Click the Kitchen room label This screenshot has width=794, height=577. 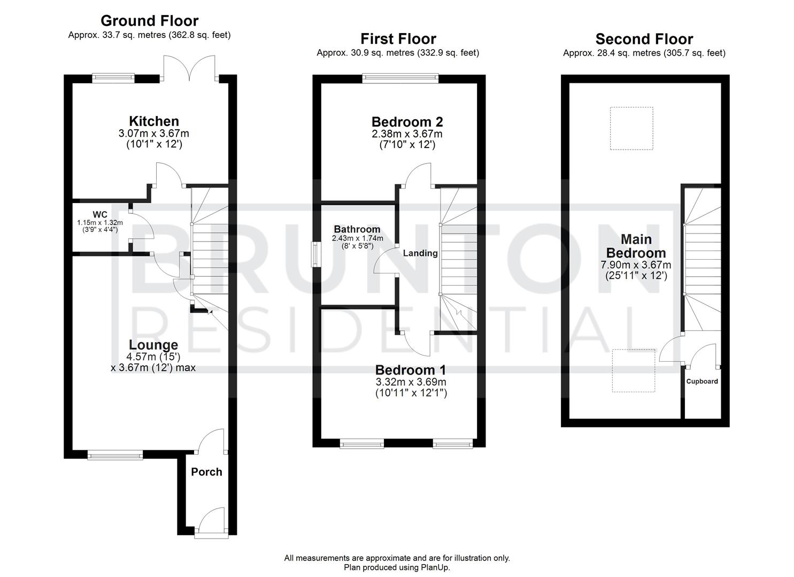(x=153, y=121)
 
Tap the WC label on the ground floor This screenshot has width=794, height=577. (x=100, y=215)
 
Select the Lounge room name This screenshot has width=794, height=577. (x=153, y=345)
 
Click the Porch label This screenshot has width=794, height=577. (x=206, y=472)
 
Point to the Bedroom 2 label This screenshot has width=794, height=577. (x=407, y=122)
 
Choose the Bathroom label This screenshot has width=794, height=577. (x=357, y=229)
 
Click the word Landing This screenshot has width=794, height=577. (x=420, y=253)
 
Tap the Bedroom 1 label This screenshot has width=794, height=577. (x=411, y=370)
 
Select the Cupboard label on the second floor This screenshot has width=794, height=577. (x=702, y=381)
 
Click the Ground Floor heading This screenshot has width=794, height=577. (x=149, y=21)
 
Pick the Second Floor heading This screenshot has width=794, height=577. (x=644, y=39)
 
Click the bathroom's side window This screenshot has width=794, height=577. (x=317, y=254)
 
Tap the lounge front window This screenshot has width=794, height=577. (x=115, y=455)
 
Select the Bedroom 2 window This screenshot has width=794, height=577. (x=400, y=79)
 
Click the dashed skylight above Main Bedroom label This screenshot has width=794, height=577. (x=631, y=128)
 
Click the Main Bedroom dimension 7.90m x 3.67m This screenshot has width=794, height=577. (x=636, y=265)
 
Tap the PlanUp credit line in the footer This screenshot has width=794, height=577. (x=397, y=567)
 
